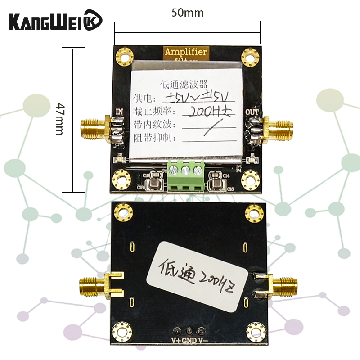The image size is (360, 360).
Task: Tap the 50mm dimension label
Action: coord(187,13)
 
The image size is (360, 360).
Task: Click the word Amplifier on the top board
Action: coord(185,52)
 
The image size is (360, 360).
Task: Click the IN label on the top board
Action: coord(120,111)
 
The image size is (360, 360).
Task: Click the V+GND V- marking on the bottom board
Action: coord(189,341)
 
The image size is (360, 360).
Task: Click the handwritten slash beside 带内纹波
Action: coord(208,129)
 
